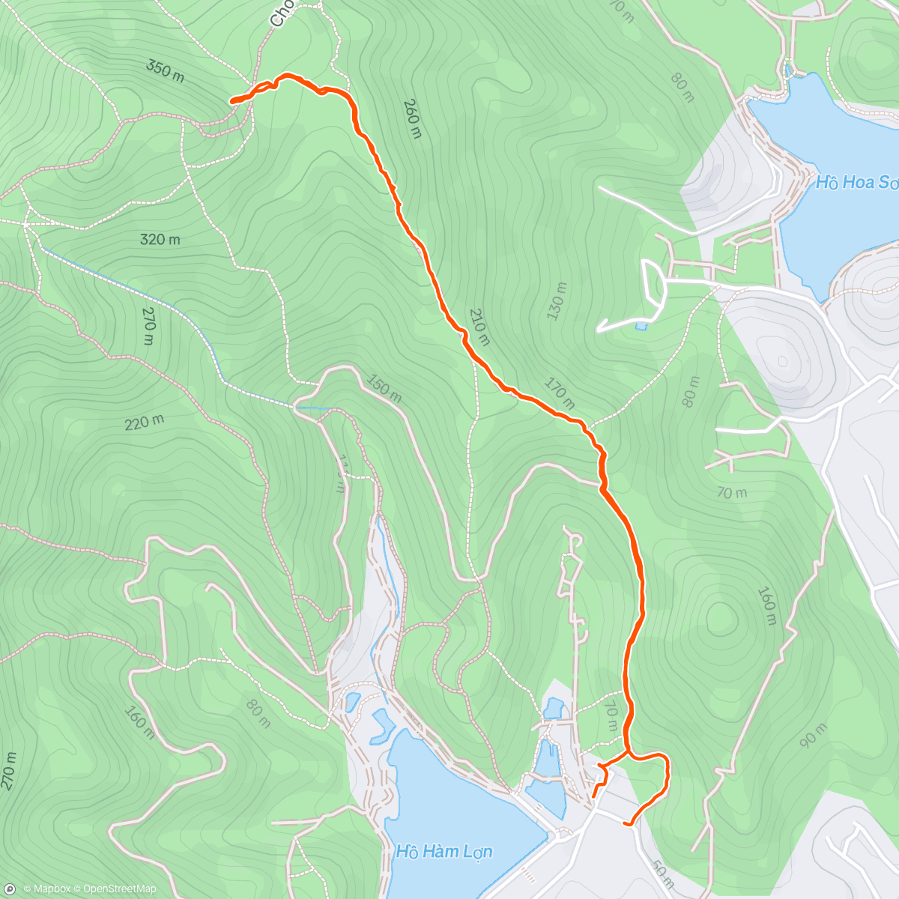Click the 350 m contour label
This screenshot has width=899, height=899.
tap(165, 70)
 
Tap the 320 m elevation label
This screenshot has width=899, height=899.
tap(160, 240)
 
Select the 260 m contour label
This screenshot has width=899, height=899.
tap(412, 118)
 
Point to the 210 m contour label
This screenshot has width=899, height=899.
tap(479, 327)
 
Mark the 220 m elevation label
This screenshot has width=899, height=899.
tap(144, 423)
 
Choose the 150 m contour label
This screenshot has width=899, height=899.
tap(384, 389)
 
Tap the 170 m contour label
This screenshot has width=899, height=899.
tap(559, 394)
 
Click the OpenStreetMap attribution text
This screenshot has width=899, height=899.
tap(119, 889)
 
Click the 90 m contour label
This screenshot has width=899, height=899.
tap(813, 736)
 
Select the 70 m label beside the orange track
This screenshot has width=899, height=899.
tap(611, 717)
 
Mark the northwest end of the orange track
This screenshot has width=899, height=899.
tap(231, 100)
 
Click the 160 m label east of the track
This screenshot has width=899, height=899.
tap(767, 606)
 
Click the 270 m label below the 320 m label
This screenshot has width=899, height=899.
tap(148, 327)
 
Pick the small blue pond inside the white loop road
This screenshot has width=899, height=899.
tap(641, 326)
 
